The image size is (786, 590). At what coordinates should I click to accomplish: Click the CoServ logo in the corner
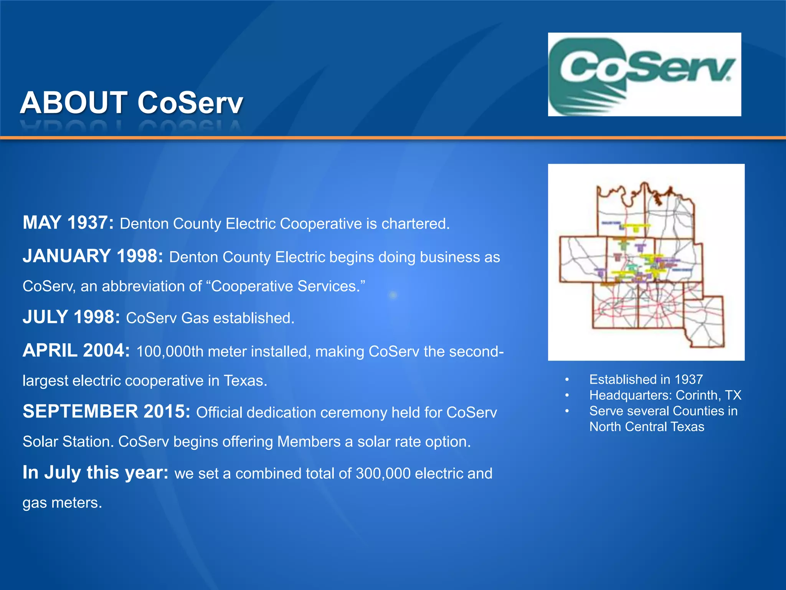click(x=644, y=74)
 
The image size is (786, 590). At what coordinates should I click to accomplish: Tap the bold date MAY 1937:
click(x=68, y=223)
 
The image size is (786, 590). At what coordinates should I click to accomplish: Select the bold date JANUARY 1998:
click(x=93, y=256)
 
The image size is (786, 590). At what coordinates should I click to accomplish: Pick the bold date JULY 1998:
click(x=71, y=317)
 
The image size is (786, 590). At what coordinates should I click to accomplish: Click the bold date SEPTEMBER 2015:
click(x=106, y=412)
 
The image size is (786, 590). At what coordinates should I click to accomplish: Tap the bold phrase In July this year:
click(x=96, y=473)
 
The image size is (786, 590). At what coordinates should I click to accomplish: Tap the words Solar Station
click(x=68, y=442)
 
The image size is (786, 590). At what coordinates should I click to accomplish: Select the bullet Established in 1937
click(x=646, y=380)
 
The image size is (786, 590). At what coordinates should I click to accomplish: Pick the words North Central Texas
click(x=647, y=427)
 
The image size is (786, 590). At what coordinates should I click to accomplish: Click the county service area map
click(x=646, y=262)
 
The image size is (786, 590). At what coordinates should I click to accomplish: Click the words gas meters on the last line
click(x=62, y=503)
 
